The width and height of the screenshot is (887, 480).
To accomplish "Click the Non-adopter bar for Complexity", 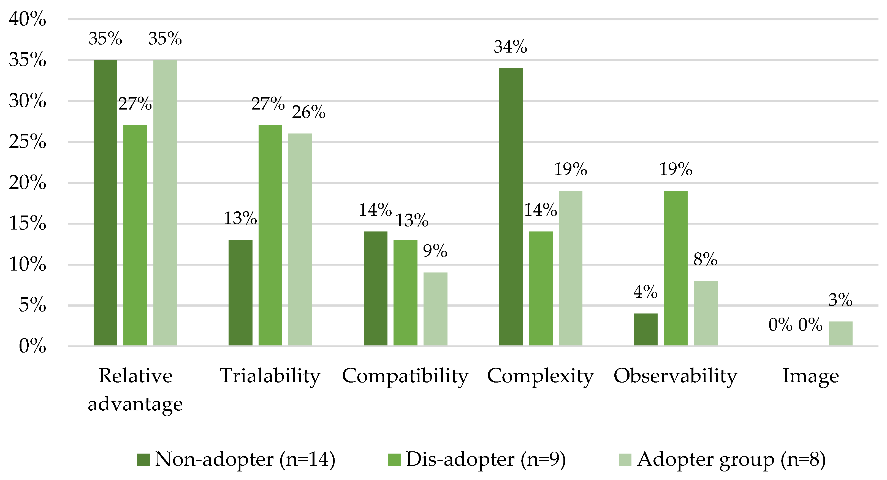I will (510, 207).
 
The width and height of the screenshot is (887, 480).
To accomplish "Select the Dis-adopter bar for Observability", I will (676, 268).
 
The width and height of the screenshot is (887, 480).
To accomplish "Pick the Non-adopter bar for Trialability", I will (240, 293).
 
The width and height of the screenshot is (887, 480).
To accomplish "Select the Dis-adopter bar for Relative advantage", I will (135, 235).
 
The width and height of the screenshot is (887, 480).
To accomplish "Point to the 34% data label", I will (510, 47).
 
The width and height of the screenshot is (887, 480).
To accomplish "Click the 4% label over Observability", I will (645, 292).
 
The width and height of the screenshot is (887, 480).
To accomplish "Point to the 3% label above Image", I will (840, 300).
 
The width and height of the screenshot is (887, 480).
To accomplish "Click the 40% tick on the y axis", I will (28, 19).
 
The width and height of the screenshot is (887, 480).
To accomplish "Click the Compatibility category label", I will (405, 376).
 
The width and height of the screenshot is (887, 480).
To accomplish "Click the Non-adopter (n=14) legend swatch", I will (143, 460).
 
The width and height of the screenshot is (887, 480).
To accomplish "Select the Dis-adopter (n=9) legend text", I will (485, 459).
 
